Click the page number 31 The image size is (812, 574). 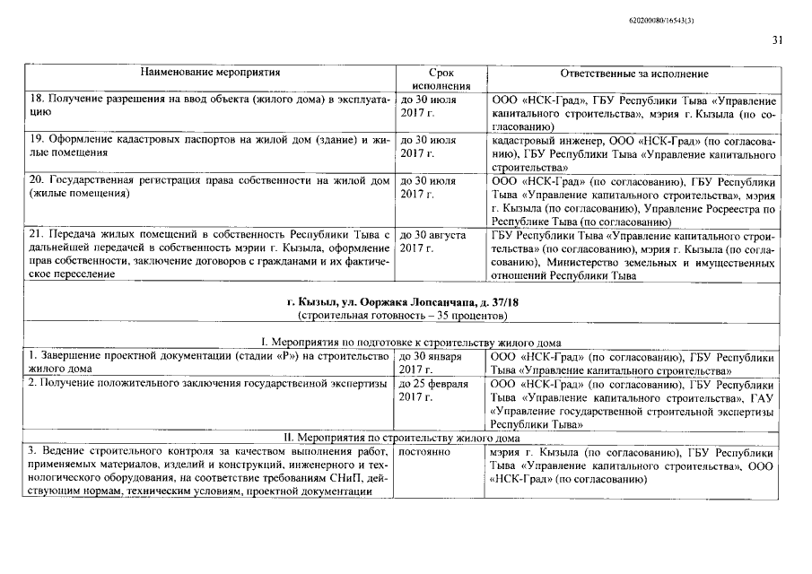tap(776, 39)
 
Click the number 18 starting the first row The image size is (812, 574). tap(37, 100)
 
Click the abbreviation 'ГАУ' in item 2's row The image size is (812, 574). tap(763, 397)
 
